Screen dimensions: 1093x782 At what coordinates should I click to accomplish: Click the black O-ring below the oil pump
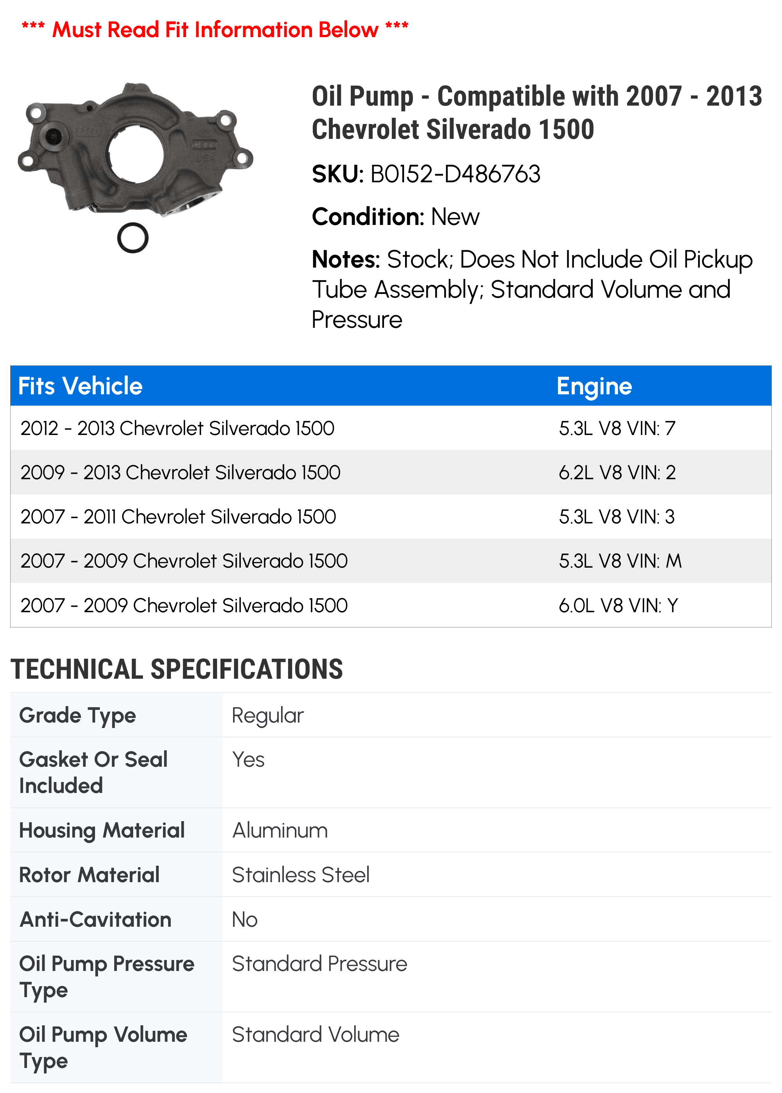click(x=133, y=238)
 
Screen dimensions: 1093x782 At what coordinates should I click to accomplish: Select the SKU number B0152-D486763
click(x=455, y=174)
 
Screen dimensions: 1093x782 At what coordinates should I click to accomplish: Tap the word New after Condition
click(x=455, y=217)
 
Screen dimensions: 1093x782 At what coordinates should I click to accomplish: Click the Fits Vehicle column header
click(x=81, y=386)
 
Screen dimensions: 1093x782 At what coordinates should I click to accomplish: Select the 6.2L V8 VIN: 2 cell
click(x=617, y=473)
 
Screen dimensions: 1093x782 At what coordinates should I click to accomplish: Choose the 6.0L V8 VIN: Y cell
click(x=618, y=606)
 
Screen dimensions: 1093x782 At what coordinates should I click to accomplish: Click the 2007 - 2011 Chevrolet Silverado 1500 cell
click(x=178, y=517)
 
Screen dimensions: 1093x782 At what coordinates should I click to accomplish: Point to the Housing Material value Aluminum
click(x=280, y=831)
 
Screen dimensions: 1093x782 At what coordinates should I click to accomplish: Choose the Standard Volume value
click(x=316, y=1035)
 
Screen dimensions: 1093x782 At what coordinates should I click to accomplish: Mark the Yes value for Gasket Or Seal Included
click(x=248, y=760)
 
